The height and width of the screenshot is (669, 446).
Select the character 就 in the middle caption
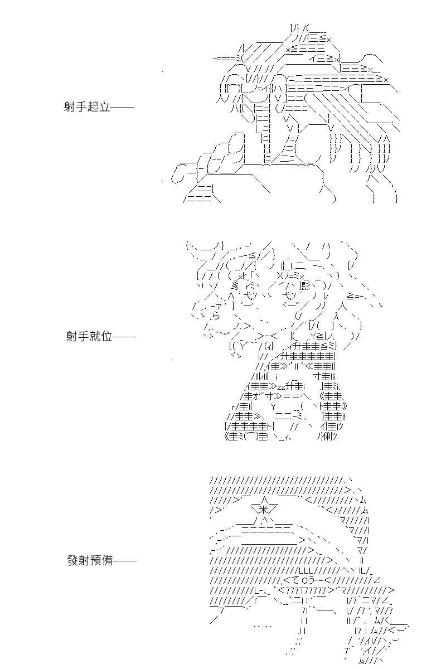point(95,337)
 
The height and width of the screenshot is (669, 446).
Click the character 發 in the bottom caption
point(73,561)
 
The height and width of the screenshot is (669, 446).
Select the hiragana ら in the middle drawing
point(216,316)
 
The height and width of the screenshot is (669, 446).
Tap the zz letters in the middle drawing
point(281,387)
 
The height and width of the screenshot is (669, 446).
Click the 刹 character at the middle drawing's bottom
point(328,437)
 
